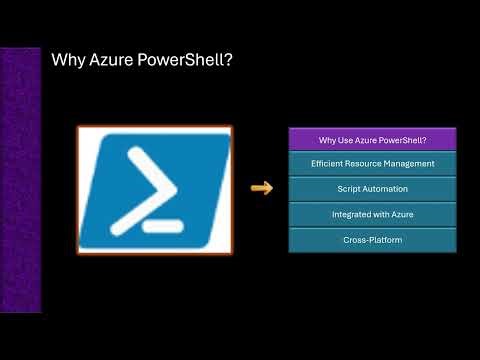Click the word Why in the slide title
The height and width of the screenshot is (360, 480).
tap(67, 63)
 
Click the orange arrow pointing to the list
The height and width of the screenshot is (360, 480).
tap(261, 188)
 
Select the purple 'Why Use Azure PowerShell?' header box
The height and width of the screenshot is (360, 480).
tap(372, 139)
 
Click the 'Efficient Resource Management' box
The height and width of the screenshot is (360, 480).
tap(372, 163)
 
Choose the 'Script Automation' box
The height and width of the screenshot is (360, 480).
tap(372, 188)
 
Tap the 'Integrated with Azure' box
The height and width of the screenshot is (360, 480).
tap(372, 214)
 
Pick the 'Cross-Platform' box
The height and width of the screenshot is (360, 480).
tap(372, 240)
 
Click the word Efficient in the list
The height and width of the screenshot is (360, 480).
tap(329, 163)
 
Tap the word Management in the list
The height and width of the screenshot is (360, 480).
tap(409, 163)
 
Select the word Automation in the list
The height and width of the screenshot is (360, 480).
tap(386, 188)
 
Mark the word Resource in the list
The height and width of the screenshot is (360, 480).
tap(366, 163)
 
